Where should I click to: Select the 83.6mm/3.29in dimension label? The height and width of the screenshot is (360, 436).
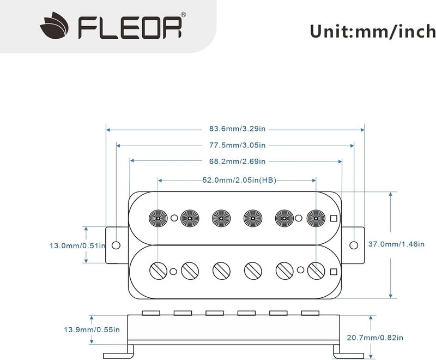click(235, 130)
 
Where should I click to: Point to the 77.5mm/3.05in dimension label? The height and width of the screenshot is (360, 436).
click(235, 146)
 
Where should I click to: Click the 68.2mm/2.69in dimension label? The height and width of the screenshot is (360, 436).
click(235, 161)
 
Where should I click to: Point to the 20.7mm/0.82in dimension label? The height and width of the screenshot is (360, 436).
click(401, 338)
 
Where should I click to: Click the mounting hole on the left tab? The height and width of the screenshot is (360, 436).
click(116, 244)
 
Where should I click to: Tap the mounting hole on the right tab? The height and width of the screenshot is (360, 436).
click(354, 244)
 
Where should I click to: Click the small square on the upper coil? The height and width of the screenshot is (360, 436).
click(334, 219)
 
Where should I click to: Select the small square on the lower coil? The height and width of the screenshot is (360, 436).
click(334, 270)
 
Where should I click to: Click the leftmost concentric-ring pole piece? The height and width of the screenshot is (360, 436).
click(158, 218)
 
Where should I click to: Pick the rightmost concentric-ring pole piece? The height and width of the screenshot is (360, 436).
click(315, 218)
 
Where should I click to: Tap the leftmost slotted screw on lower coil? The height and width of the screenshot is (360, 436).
click(158, 269)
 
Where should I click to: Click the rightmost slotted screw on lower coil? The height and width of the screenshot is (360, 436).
click(315, 269)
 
